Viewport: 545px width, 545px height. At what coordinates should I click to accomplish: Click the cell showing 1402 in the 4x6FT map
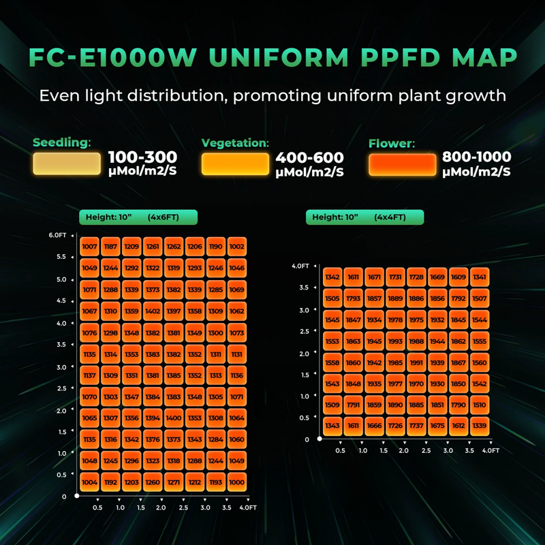click(153, 311)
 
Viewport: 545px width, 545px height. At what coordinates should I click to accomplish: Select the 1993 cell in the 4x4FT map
click(396, 341)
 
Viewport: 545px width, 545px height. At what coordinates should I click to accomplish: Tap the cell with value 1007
click(89, 246)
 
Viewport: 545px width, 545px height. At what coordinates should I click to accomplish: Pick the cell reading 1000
click(236, 482)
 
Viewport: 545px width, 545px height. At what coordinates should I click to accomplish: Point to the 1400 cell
click(174, 417)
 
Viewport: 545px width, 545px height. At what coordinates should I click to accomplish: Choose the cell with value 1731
click(396, 277)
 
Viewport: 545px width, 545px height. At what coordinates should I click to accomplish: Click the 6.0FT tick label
click(57, 235)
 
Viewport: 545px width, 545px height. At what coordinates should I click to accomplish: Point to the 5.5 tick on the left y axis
click(61, 257)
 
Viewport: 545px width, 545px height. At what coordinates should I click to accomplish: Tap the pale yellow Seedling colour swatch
click(67, 164)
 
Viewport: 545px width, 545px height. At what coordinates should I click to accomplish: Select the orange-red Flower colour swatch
click(402, 164)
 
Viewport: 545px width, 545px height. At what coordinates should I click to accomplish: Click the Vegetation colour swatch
click(235, 164)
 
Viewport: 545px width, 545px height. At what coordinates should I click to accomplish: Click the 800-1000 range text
click(477, 157)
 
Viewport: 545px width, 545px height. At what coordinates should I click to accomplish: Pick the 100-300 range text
click(142, 157)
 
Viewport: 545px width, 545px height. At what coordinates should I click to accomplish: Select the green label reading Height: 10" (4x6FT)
click(138, 217)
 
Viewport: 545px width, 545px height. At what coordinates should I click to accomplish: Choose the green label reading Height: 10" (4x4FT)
click(365, 217)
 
